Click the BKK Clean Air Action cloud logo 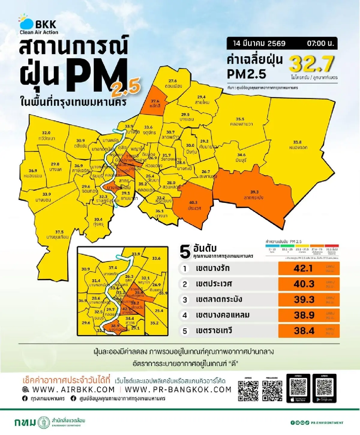click(x=26, y=23)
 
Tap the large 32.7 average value click(x=311, y=64)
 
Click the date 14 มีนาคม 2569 click(x=259, y=43)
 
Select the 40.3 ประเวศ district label click(x=193, y=206)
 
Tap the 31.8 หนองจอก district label click(x=298, y=145)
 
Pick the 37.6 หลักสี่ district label click(x=155, y=104)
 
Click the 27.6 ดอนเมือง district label click(x=173, y=84)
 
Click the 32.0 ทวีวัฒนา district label click(x=46, y=136)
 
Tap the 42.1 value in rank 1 click(x=303, y=268)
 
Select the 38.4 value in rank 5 click(x=304, y=331)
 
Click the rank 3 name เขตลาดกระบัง click(x=219, y=299)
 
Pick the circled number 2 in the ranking click(x=185, y=284)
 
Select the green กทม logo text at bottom click(x=25, y=422)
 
